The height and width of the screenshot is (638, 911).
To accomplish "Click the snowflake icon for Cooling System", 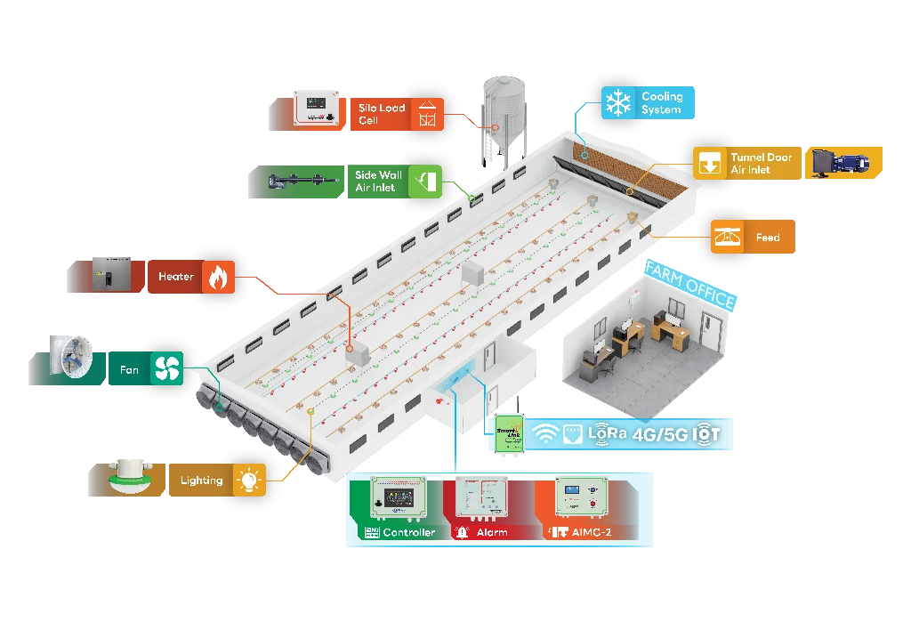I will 617,102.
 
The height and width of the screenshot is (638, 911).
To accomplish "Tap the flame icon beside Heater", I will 215,277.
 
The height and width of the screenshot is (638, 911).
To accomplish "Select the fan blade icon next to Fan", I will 166,368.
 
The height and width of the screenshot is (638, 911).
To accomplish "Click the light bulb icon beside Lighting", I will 248,481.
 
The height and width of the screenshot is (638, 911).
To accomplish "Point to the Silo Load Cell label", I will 382,114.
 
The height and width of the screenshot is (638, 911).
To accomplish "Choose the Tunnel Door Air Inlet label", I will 761,163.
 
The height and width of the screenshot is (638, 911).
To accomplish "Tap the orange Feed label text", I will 767,238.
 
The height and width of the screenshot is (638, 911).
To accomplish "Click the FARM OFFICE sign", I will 689,284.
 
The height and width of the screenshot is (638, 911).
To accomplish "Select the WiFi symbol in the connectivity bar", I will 544,433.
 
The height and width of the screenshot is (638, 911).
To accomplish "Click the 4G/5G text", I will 659,434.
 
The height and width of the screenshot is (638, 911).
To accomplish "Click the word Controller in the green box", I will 408,532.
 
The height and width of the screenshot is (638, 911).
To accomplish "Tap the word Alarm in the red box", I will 491,532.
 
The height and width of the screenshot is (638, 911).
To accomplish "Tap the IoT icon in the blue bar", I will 706,433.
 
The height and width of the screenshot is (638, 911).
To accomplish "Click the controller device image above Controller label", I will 398,499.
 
